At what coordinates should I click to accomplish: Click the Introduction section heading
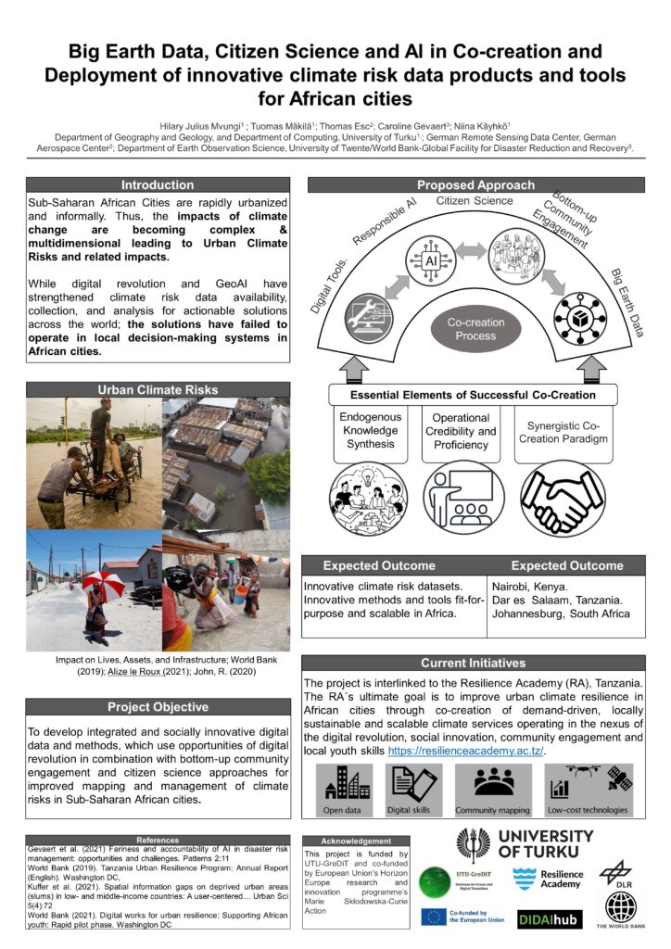point(158,184)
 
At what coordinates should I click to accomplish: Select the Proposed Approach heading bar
point(475,184)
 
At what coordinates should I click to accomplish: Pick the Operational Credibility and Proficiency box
point(461,431)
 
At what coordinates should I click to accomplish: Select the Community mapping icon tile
point(493,791)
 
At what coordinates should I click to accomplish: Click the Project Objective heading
point(158,707)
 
